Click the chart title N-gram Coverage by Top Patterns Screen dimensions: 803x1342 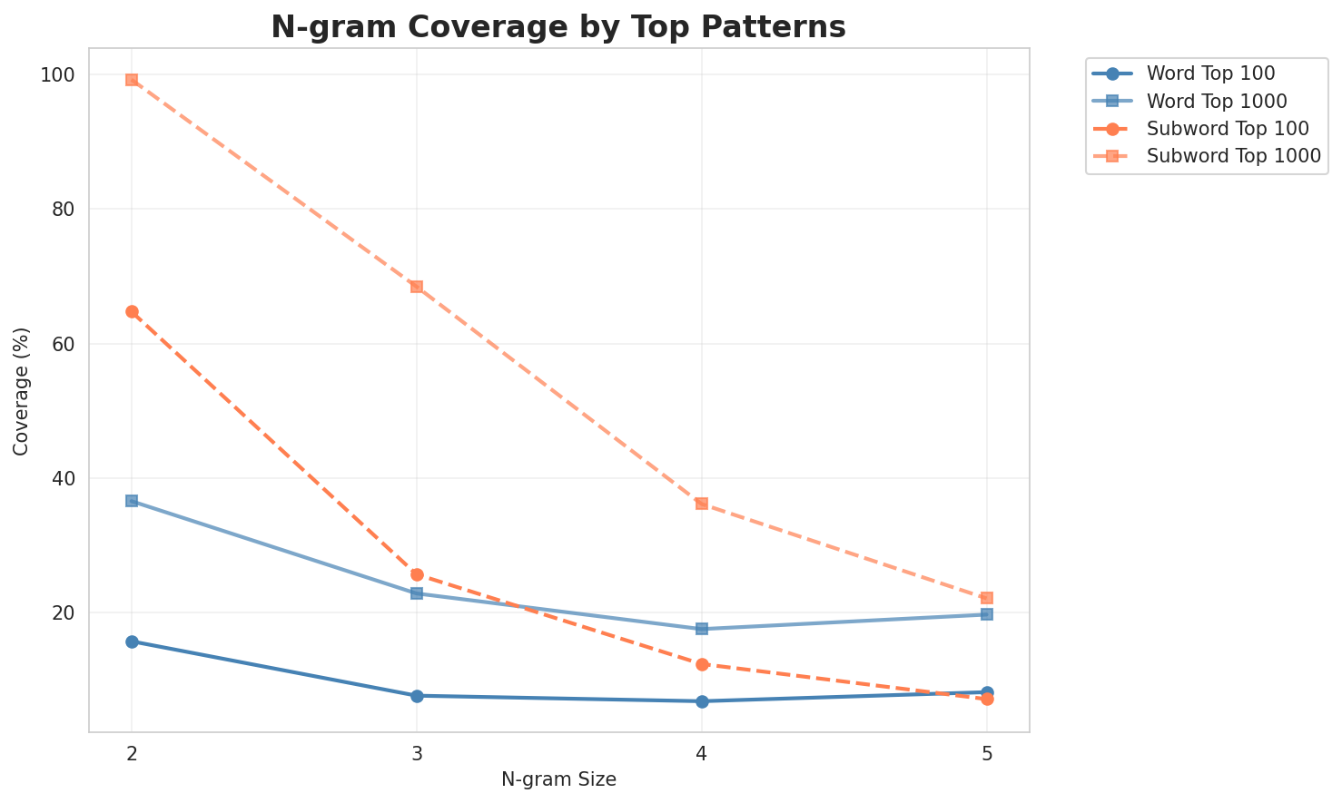tap(558, 27)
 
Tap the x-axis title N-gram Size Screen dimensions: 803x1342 tap(558, 779)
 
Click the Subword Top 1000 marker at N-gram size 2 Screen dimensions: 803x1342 tap(132, 80)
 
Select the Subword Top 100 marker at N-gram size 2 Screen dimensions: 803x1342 tap(132, 312)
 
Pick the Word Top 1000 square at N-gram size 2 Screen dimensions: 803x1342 tap(132, 501)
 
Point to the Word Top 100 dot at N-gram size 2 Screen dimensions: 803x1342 tap(132, 641)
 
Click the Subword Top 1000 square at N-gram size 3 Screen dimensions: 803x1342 tap(417, 287)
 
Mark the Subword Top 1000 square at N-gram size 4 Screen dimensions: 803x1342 tap(702, 504)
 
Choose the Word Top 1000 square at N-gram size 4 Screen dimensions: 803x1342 tap(702, 629)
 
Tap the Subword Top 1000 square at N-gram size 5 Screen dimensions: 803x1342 tap(987, 598)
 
